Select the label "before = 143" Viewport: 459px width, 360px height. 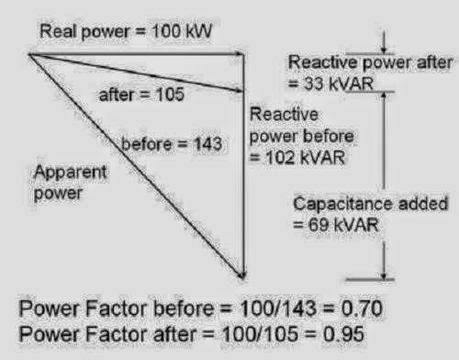(x=162, y=142)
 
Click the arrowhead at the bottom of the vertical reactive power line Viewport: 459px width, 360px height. (x=243, y=273)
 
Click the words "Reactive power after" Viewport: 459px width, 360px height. (x=370, y=62)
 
